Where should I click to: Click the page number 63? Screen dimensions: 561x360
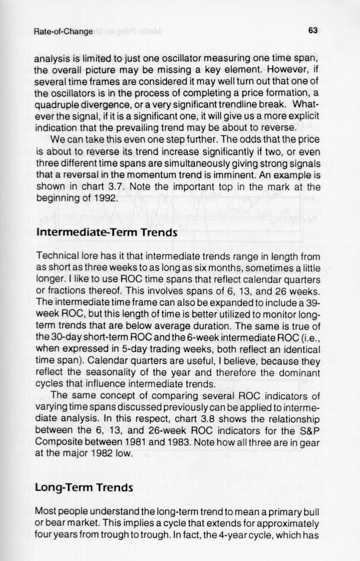point(315,30)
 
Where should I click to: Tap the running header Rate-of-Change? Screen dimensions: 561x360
point(63,31)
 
